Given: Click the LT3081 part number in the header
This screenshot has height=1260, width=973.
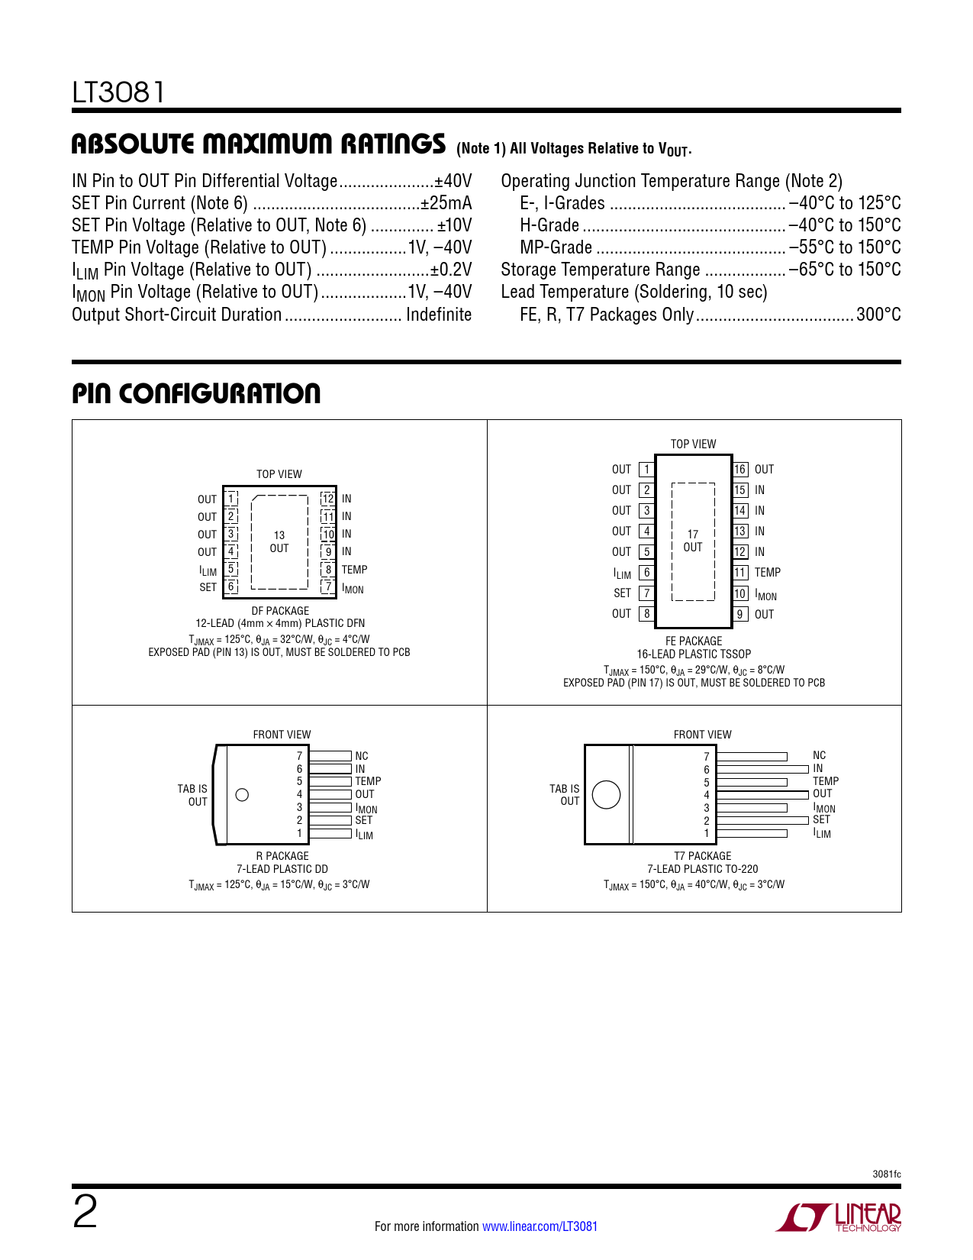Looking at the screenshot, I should pyautogui.click(x=118, y=92).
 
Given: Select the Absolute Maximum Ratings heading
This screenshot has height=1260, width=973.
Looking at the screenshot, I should pyautogui.click(x=258, y=144).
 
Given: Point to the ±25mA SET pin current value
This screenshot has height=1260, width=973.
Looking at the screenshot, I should pyautogui.click(x=446, y=203).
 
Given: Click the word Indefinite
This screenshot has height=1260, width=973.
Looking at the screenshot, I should pyautogui.click(x=439, y=315).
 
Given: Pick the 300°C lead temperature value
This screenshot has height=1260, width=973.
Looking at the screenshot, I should pyautogui.click(x=878, y=315).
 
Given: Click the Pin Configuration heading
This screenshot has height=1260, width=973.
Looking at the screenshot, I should pyautogui.click(x=196, y=394).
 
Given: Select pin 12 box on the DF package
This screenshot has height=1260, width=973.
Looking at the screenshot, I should pyautogui.click(x=328, y=499).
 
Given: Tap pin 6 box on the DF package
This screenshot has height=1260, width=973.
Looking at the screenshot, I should pyautogui.click(x=231, y=586).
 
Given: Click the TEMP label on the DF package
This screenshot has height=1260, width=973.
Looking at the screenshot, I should pyautogui.click(x=354, y=570).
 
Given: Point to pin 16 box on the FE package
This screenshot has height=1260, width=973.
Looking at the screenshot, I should pyautogui.click(x=740, y=470).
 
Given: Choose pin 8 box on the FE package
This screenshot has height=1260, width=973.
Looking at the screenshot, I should pyautogui.click(x=646, y=613).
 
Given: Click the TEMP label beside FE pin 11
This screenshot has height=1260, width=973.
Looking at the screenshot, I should pyautogui.click(x=767, y=573).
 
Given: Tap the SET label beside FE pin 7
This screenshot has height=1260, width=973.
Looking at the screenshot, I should pyautogui.click(x=623, y=593).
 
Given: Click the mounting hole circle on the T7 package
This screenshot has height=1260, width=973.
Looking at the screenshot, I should pyautogui.click(x=606, y=795).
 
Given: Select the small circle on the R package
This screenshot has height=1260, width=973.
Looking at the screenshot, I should pyautogui.click(x=242, y=795).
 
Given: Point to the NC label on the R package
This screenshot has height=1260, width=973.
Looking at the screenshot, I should pyautogui.click(x=362, y=756).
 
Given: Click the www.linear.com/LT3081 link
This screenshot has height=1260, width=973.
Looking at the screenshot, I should pyautogui.click(x=540, y=1226).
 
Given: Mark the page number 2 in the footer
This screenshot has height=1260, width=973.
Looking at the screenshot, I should pyautogui.click(x=85, y=1213).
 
